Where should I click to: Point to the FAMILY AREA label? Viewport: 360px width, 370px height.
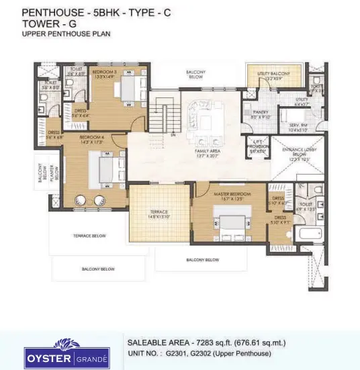[x=208, y=152]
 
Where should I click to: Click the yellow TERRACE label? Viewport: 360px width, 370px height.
[x=158, y=214]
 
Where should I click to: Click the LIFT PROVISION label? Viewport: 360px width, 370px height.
[x=257, y=147]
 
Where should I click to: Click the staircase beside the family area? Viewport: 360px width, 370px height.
[x=161, y=114]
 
